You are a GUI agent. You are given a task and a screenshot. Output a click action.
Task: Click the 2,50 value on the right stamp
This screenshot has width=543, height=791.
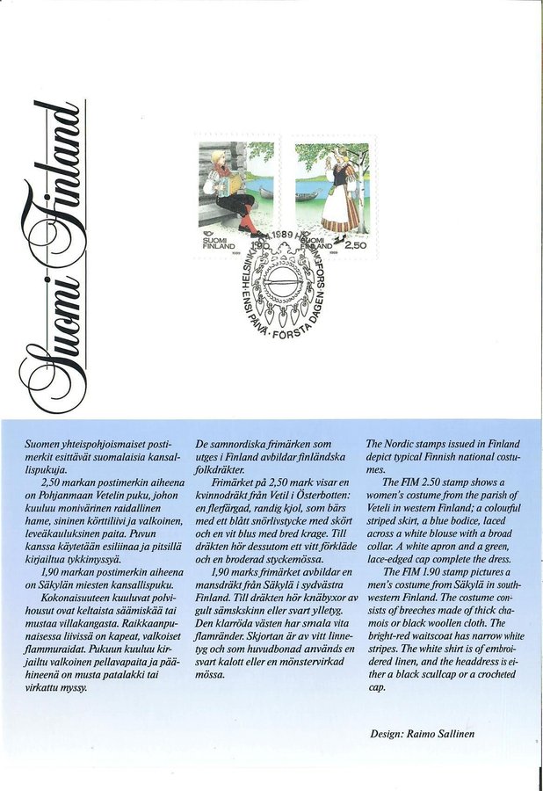pos(354,247)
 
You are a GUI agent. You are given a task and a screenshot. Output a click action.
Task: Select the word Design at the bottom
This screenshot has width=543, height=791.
pos(391,731)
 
